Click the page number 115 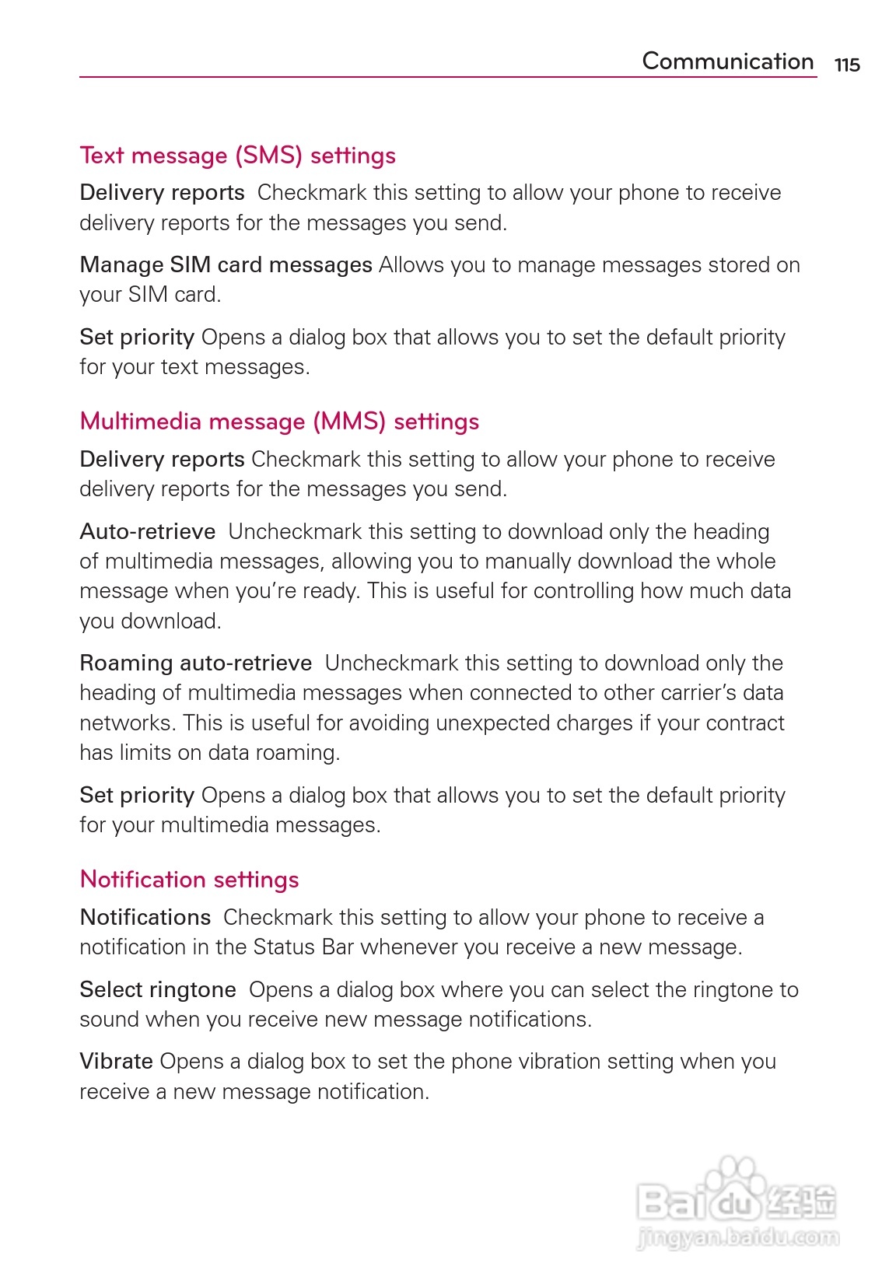847,65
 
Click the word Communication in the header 727,61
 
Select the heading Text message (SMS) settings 237,156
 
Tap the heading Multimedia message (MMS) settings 279,422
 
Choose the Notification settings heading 189,880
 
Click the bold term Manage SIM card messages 226,265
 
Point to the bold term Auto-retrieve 147,531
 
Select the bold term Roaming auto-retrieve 195,663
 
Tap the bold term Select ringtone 158,989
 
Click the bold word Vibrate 116,1061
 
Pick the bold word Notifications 145,917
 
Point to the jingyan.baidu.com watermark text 737,1237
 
